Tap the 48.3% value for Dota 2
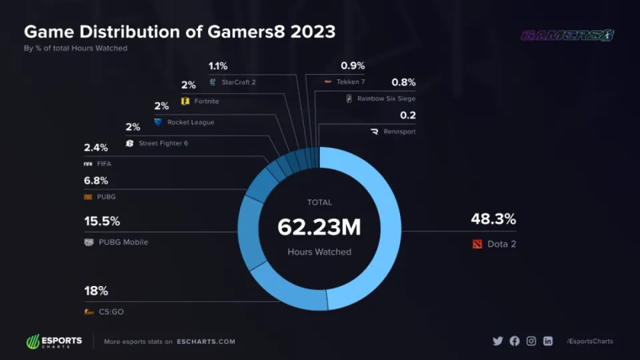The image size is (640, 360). coord(493,219)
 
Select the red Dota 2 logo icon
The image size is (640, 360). coord(476,244)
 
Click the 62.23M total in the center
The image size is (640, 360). coord(319,227)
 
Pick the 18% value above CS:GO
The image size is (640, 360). coord(96,291)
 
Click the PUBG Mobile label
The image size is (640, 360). coord(123,242)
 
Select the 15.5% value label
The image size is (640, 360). coord(102,221)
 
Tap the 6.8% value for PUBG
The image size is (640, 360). coord(96,181)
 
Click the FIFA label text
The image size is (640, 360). coord(104,163)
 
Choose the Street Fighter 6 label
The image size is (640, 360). coord(163,143)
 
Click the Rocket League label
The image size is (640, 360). coord(191,122)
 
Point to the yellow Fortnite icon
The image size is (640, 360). coord(185,101)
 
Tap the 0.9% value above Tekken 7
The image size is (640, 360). coord(353,66)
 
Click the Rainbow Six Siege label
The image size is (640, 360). coord(386,99)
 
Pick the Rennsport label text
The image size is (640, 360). coord(399,131)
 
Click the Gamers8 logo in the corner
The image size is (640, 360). coord(567,36)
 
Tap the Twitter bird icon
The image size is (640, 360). coord(497,341)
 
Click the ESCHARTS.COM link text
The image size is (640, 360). coord(206,341)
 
